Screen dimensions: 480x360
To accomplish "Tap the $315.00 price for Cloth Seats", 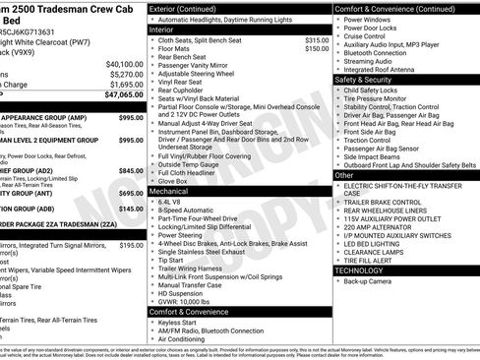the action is tap(318, 39).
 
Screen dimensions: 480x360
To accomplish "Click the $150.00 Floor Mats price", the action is tap(318, 48).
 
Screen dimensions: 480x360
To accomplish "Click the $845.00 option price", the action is tap(131, 169).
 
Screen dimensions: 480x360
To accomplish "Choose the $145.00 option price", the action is tap(131, 209).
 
